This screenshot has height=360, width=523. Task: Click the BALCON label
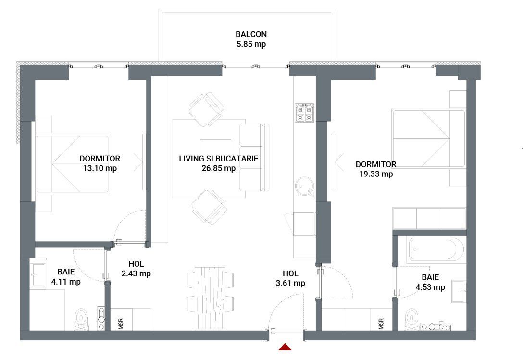tap(251, 34)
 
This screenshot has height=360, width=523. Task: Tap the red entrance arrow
tap(286, 347)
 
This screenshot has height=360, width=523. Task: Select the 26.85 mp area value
tap(219, 168)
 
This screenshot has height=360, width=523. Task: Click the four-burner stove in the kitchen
tap(304, 112)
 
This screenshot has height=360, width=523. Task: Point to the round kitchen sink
tap(304, 186)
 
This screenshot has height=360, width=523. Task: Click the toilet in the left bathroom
tap(81, 319)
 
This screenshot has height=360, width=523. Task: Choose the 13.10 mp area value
tap(100, 168)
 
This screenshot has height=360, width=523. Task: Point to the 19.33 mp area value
tap(376, 174)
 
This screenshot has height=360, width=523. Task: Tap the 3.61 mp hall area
tap(291, 283)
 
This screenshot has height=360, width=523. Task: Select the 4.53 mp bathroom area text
tap(430, 287)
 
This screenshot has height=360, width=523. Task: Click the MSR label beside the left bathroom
tap(120, 323)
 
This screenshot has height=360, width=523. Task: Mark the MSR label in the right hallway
tap(381, 323)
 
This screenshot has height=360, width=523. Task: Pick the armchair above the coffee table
tap(207, 109)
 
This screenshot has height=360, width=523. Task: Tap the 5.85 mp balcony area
tap(251, 44)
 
